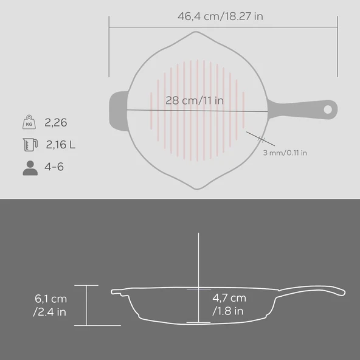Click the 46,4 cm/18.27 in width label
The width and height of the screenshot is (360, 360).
tap(220, 16)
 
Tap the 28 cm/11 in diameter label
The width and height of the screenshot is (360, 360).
tap(195, 100)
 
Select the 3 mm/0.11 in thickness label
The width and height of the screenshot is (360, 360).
tap(285, 153)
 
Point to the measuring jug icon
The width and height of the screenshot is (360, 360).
tap(30, 145)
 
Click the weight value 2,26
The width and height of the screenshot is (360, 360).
tap(55, 123)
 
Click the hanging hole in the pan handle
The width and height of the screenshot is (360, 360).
tap(328, 109)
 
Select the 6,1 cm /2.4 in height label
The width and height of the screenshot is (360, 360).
tap(50, 305)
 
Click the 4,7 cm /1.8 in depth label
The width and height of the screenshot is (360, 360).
tap(229, 304)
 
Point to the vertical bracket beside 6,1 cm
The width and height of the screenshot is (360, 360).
tap(86, 305)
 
